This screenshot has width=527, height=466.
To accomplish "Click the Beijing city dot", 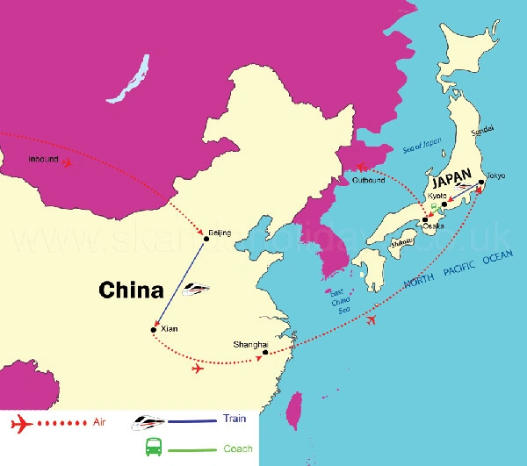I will point(206,238).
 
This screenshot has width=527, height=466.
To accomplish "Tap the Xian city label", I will point(170,328).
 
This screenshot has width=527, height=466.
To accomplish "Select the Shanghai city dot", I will point(265,353).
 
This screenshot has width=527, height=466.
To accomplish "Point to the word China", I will point(131,290).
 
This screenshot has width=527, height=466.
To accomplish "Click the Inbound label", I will point(42,160).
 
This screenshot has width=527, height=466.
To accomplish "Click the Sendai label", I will point(483,129).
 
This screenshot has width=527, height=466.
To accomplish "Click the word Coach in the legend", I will point(238,448).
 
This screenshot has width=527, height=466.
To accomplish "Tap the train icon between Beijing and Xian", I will point(197,287).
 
